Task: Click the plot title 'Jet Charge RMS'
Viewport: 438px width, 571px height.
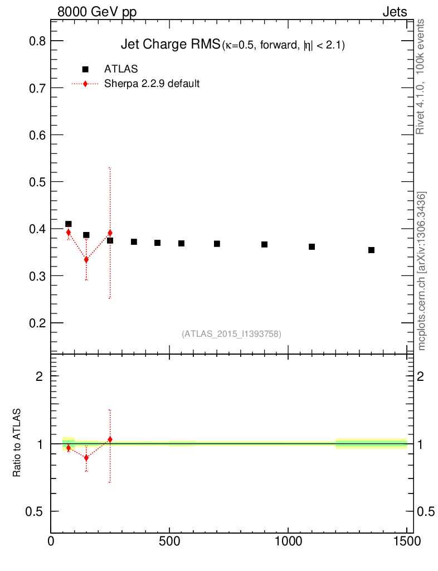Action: pyautogui.click(x=171, y=46)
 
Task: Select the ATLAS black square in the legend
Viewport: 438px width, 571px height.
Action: pyautogui.click(x=85, y=69)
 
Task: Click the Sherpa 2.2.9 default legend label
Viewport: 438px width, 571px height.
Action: pyautogui.click(x=152, y=84)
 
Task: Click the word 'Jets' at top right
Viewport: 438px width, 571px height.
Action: pyautogui.click(x=394, y=12)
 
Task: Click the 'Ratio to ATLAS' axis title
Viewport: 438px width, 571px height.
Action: pyautogui.click(x=17, y=443)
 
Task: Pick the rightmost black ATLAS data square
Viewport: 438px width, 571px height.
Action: pyautogui.click(x=371, y=250)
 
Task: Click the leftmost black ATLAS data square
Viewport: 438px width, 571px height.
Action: pyautogui.click(x=69, y=224)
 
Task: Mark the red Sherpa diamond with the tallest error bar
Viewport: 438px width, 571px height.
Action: pyautogui.click(x=110, y=233)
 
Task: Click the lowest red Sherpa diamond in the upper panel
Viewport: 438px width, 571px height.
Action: pyautogui.click(x=86, y=260)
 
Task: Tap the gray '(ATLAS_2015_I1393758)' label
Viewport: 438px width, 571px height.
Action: pyautogui.click(x=231, y=333)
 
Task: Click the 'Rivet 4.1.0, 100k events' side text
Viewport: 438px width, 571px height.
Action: pyautogui.click(x=421, y=76)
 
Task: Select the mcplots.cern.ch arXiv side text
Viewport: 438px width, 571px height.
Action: pyautogui.click(x=422, y=271)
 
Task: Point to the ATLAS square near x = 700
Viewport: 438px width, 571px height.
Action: pyautogui.click(x=217, y=244)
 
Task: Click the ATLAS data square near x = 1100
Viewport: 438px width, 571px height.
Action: pyautogui.click(x=312, y=246)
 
